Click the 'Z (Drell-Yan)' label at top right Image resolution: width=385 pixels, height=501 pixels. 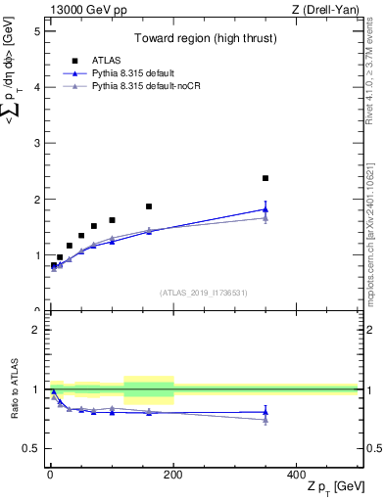[323, 10]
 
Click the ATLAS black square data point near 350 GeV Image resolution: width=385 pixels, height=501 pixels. [265, 178]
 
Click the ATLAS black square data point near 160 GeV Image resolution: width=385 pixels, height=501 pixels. [149, 206]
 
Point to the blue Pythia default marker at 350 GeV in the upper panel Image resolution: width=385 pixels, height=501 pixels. [265, 208]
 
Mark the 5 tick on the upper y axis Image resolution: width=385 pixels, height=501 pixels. [37, 30]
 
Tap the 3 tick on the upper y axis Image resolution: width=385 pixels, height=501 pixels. [37, 143]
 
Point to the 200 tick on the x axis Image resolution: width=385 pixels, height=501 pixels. [173, 473]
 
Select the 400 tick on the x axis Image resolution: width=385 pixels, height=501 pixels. [297, 473]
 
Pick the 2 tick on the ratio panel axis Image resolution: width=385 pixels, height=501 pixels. [37, 330]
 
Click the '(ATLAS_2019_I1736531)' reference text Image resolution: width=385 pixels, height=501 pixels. [203, 292]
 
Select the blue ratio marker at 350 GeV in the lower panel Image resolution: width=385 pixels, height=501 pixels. [265, 412]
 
